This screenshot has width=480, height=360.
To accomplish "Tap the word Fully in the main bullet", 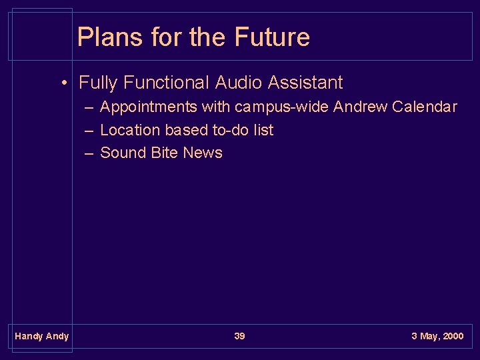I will [x=98, y=83].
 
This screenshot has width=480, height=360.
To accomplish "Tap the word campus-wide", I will [x=282, y=107].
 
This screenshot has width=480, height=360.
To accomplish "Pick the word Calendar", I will [x=425, y=107].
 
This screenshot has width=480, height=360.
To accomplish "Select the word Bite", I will [x=165, y=153].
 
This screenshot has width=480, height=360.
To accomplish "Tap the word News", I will [x=203, y=153].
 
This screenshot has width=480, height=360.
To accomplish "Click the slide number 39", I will [x=239, y=336].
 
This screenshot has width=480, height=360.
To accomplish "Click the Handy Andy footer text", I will [x=41, y=336].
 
